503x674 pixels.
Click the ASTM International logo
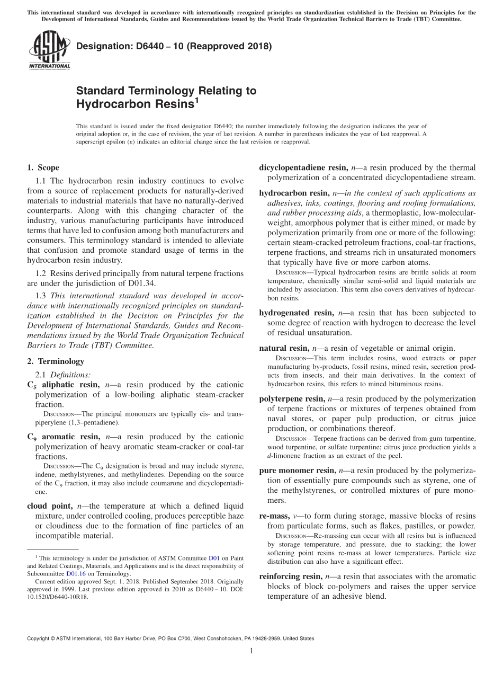point(49,51)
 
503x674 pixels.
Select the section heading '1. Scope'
point(43,167)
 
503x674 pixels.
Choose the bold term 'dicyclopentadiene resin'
point(303,167)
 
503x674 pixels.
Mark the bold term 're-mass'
point(274,516)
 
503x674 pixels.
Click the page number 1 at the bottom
point(251,651)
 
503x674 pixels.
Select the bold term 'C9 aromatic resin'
point(64,437)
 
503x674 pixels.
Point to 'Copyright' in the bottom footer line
point(41,638)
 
